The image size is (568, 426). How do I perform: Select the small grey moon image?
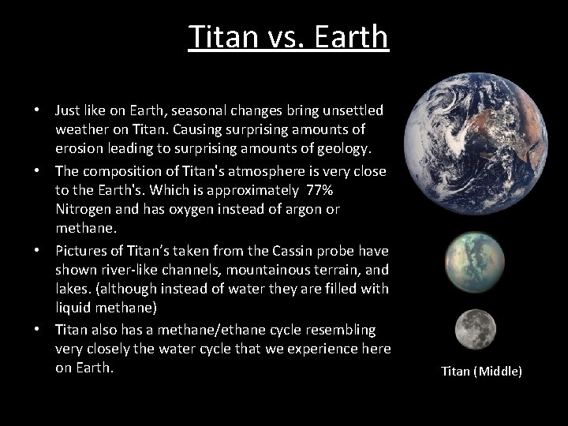pyautogui.click(x=476, y=329)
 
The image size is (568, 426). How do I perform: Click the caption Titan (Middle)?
pyautogui.click(x=481, y=371)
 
